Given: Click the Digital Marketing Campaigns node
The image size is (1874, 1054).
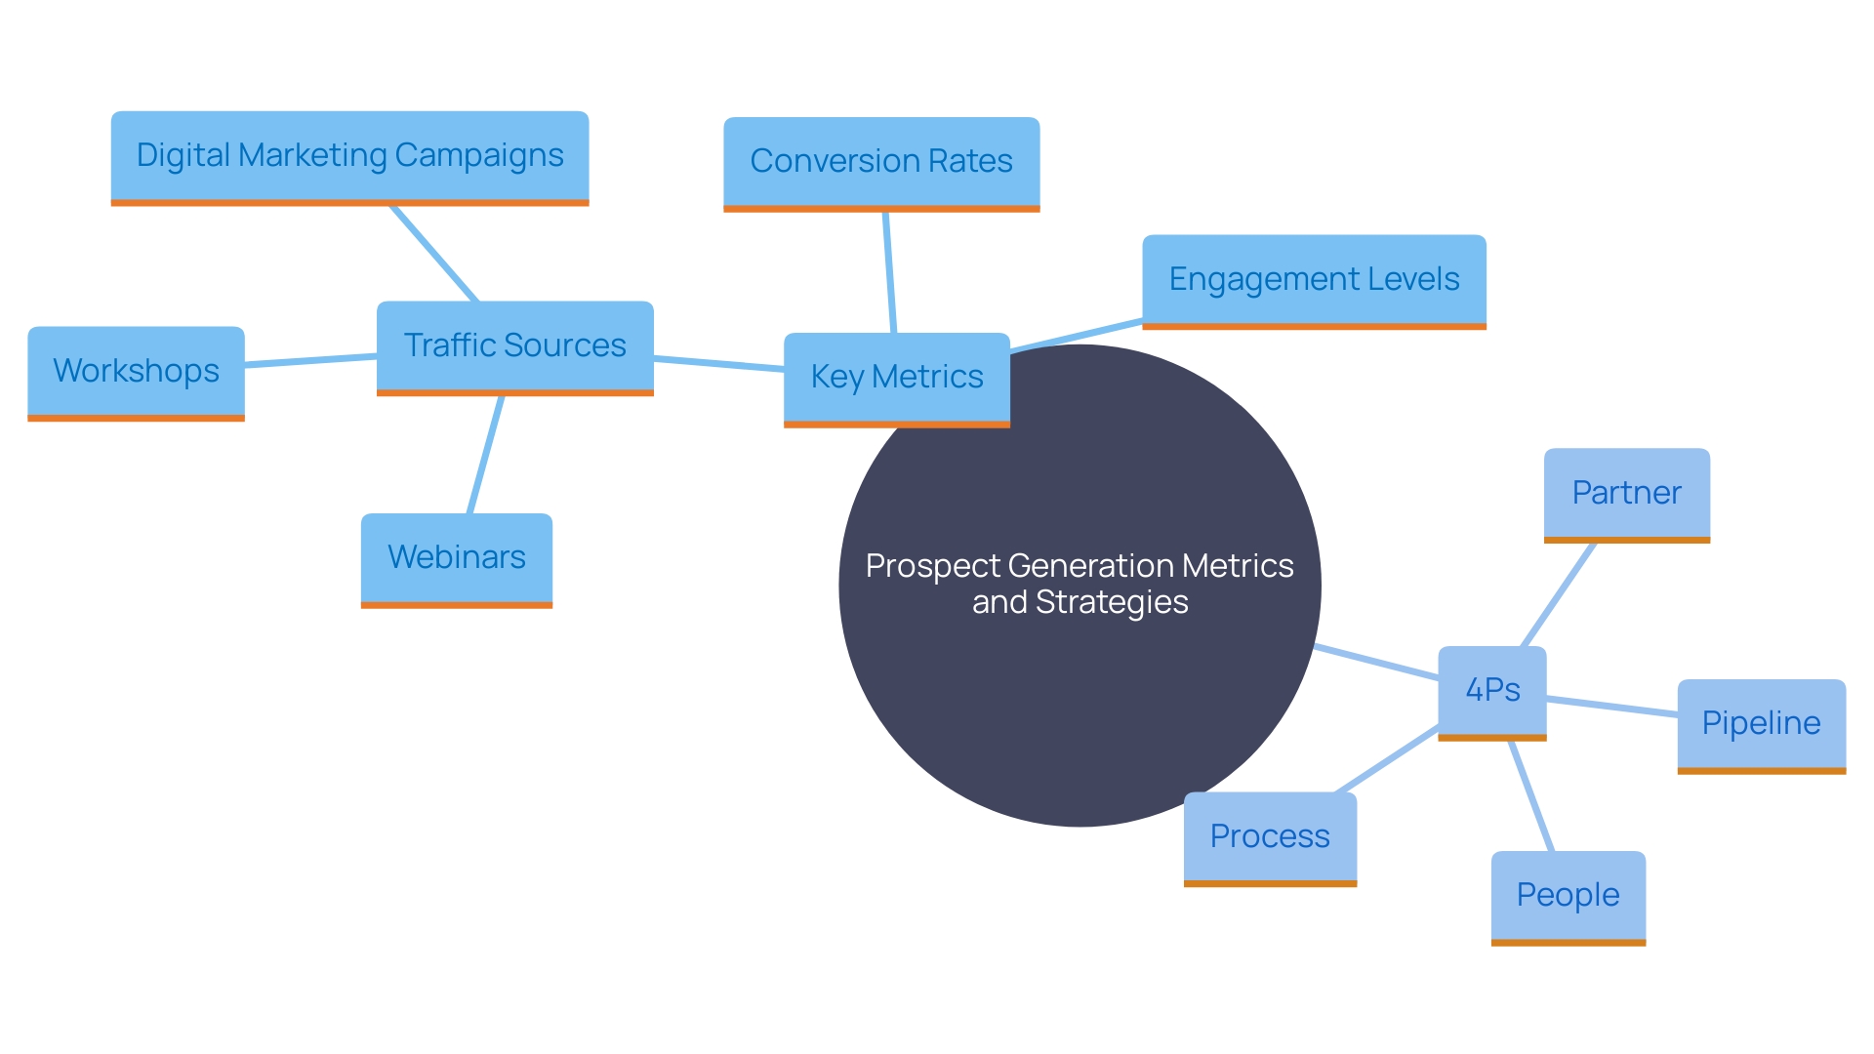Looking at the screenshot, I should point(349,156).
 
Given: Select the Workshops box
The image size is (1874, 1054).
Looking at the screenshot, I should point(136,372).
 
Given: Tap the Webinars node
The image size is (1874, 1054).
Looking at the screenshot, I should point(456,558).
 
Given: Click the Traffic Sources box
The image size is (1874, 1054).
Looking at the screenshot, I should point(514,345).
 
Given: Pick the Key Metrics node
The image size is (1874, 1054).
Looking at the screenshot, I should point(896,378).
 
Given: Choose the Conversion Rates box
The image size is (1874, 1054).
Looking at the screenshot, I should point(880,162).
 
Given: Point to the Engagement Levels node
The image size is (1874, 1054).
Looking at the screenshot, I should point(1313,280).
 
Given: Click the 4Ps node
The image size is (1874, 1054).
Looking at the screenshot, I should point(1491,691).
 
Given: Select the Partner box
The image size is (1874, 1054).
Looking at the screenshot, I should point(1626,493).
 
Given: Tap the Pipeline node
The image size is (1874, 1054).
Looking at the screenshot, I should point(1761,724).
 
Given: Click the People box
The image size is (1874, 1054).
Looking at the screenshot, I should point(1568,896).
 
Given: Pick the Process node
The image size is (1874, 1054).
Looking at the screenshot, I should point(1269,837).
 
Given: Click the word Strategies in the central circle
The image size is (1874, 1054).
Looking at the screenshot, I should point(1112,603).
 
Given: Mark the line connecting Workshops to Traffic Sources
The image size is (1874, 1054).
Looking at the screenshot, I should point(310,361).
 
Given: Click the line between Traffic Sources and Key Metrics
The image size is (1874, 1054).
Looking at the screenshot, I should point(718,364).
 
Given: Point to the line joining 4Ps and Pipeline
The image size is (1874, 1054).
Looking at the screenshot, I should point(1611,708).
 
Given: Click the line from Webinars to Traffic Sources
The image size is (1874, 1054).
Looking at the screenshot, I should point(485,455).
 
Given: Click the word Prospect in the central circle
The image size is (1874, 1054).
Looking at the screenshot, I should point(932,567).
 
